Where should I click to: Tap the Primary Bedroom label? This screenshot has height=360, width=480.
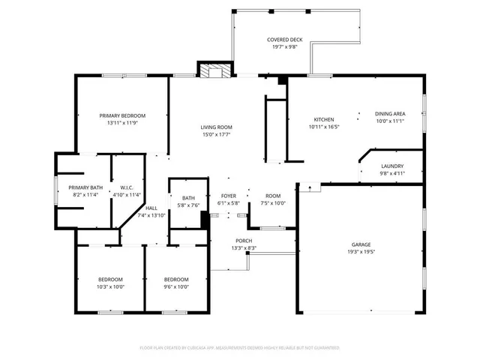pos(122,115)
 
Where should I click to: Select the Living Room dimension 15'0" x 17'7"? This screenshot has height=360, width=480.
pos(215,135)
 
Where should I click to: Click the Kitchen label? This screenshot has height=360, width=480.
pos(323,120)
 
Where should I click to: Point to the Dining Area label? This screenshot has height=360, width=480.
pos(389,114)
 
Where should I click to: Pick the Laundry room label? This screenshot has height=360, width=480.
pos(392,166)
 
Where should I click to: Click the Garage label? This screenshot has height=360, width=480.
pos(361,244)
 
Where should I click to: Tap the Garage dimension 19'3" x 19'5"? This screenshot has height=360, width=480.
pos(361,253)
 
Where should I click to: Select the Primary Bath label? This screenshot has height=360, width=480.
pos(85,187)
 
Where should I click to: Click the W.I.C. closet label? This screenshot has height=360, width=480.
pos(126,187)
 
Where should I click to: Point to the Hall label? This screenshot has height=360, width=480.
pos(151,208)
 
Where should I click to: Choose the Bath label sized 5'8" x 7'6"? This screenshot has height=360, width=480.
pos(188,198)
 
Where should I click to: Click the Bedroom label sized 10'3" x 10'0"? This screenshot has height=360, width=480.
pos(111,279)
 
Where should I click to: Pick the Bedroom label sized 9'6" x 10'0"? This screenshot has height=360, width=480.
pos(176,279)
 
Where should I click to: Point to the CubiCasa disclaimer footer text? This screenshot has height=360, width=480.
pos(240,348)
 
